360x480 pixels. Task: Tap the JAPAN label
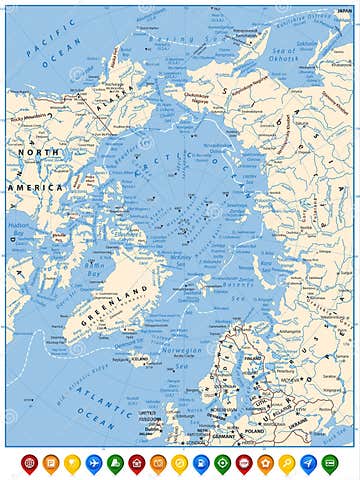pyautogui.click(x=344, y=9)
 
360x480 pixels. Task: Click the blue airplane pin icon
pyautogui.click(x=94, y=463)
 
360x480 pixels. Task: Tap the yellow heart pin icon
pyautogui.click(x=72, y=463)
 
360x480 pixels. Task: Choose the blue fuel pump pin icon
pyautogui.click(x=201, y=463)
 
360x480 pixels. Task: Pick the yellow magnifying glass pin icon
pyautogui.click(x=287, y=463)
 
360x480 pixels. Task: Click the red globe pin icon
pyautogui.click(x=29, y=463)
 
